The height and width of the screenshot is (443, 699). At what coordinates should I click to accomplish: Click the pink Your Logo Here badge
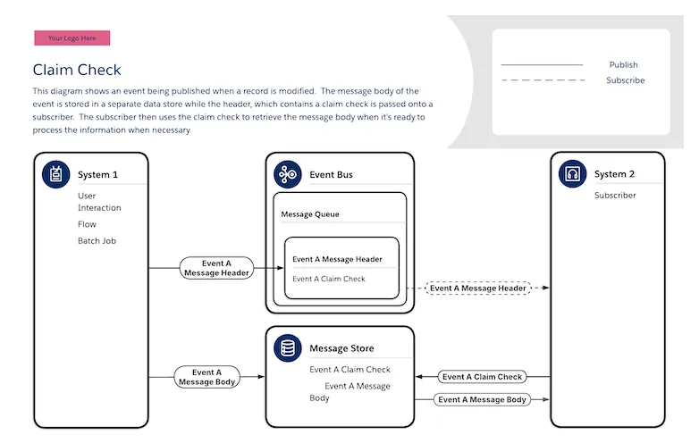pos(72,38)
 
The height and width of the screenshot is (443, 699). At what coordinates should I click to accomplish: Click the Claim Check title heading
pos(77,70)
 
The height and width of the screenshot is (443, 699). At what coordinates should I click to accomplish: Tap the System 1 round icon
pos(55,174)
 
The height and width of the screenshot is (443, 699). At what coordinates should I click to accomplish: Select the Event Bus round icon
pos(288,174)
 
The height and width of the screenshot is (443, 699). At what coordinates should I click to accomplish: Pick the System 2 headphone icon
pos(572,173)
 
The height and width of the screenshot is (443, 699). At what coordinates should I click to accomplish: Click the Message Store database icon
pos(288,347)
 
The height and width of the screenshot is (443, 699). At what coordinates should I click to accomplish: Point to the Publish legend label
pos(623,64)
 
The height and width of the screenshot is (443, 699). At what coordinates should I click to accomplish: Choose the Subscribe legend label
pos(625,80)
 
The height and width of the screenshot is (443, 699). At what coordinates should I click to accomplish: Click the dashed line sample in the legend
pos(543,80)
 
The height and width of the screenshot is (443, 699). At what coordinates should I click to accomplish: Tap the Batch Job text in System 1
pos(97,240)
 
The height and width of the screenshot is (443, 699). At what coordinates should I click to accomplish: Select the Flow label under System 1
pos(87,224)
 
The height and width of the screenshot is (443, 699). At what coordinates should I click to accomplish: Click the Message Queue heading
pos(310,214)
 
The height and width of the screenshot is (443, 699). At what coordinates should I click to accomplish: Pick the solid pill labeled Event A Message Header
pos(216,268)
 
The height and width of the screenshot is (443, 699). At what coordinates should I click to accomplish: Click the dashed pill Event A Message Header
pos(478,288)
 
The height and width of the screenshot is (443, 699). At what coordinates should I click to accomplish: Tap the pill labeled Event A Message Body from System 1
pos(206,377)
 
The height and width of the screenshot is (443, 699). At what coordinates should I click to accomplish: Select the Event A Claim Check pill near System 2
pos(482,377)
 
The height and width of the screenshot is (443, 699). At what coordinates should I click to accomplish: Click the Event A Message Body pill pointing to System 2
pos(482,399)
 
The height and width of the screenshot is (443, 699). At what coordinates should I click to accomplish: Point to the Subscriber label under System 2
pos(615,195)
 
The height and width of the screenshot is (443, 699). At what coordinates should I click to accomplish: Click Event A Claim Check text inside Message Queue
pos(329,279)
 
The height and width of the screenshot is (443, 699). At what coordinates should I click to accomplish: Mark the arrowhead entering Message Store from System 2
pos(419,377)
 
